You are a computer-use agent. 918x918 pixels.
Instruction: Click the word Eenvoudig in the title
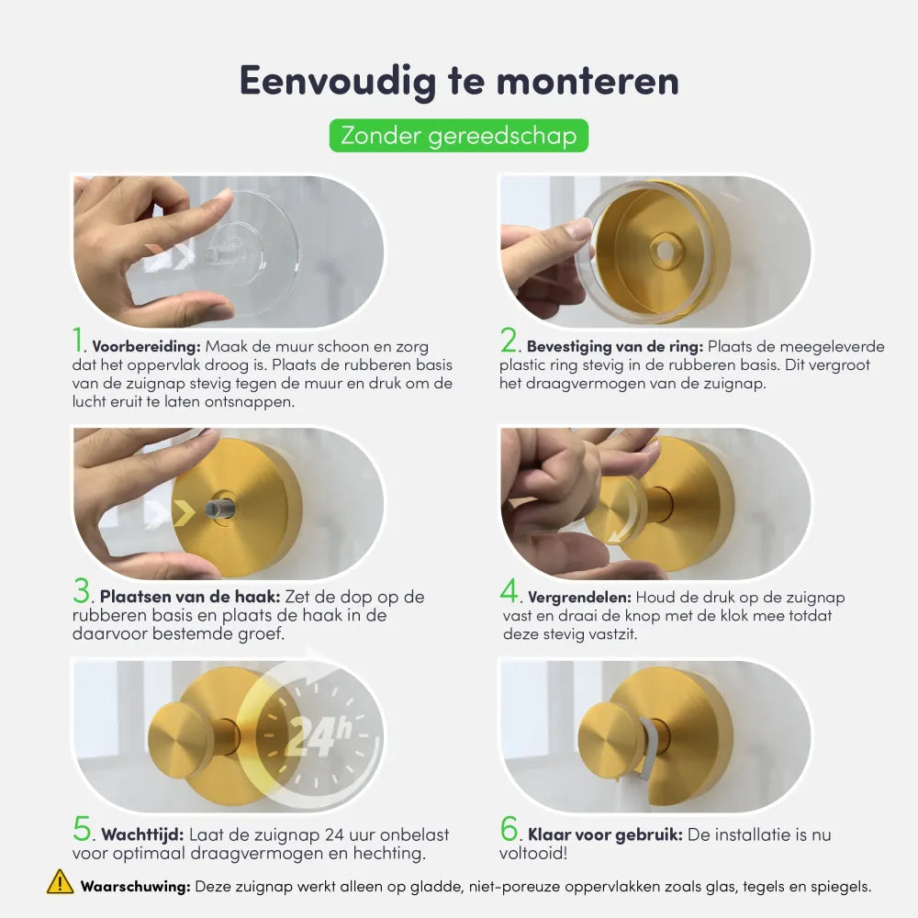[339, 81]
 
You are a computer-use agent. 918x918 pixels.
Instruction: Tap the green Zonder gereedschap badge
[458, 135]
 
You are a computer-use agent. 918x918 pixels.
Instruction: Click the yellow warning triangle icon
[61, 882]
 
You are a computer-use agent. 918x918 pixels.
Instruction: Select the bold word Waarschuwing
[135, 887]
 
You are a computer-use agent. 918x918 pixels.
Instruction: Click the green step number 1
[78, 340]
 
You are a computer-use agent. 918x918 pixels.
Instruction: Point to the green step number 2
[509, 340]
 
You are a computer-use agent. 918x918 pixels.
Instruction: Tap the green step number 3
[82, 590]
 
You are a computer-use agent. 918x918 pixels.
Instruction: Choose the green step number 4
[509, 590]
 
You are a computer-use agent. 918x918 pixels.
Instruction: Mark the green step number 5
[82, 828]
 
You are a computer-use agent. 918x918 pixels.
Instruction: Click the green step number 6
[509, 828]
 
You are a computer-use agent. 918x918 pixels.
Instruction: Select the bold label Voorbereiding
[146, 347]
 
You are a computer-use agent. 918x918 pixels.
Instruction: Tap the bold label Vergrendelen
[579, 598]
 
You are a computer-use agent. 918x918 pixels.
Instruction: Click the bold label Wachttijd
[142, 834]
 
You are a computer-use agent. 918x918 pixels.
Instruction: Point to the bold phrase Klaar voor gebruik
[605, 834]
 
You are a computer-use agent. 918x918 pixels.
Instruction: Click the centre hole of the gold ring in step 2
[665, 251]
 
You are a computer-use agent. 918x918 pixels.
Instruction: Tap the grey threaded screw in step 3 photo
[219, 508]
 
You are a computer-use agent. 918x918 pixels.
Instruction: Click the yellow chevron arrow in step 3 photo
[185, 513]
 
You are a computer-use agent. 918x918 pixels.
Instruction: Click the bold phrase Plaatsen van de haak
[190, 597]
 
